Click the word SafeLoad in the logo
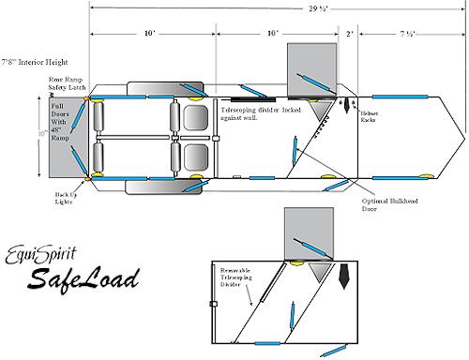coord(83,277)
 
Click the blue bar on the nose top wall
coord(399,96)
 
